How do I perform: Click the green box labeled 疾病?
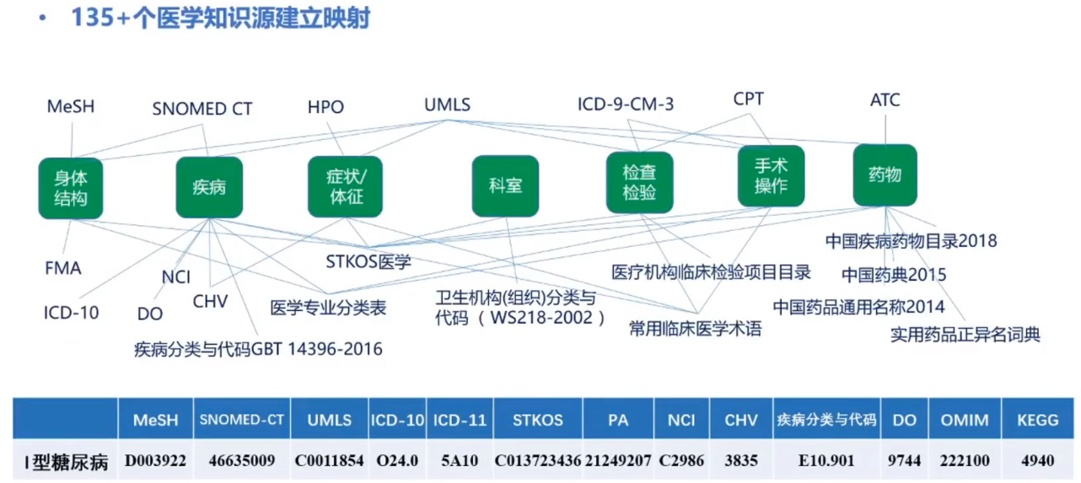tap(209, 187)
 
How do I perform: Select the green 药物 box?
tap(885, 175)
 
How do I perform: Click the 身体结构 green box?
tap(71, 189)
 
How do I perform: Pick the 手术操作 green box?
tap(771, 176)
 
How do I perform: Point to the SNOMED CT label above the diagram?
tap(202, 109)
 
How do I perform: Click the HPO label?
tap(325, 107)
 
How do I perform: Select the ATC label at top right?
tap(885, 100)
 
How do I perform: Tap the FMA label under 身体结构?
tap(63, 269)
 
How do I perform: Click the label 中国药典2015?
tap(894, 275)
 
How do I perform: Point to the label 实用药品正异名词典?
tap(965, 335)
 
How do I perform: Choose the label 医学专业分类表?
tap(328, 308)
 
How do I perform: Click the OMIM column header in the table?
tap(965, 420)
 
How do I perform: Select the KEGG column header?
tap(1036, 420)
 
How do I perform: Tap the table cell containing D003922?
tap(155, 461)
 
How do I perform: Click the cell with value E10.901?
tap(826, 461)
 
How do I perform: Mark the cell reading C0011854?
tap(329, 461)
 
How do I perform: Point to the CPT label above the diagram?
tap(748, 99)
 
